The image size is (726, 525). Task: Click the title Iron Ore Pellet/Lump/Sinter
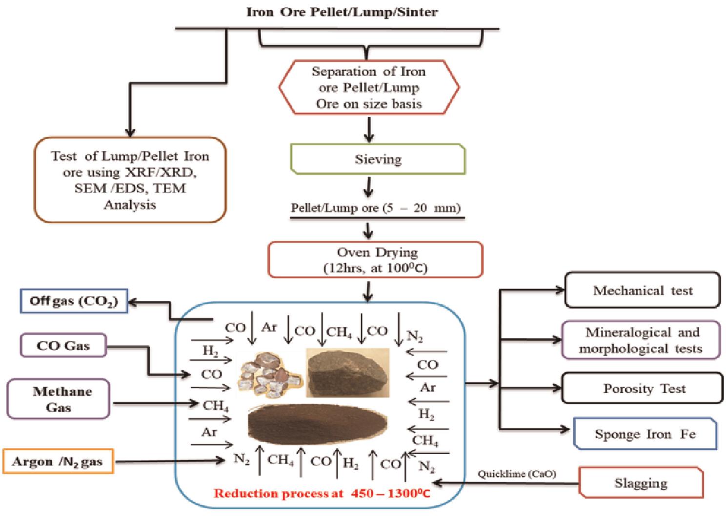coord(342,12)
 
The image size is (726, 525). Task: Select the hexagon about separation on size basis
coord(369,87)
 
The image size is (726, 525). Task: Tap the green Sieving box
coord(378,159)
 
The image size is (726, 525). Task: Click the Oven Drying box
coord(375,260)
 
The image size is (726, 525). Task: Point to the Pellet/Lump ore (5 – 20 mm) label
coord(376,208)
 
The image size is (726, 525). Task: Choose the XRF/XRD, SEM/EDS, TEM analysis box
coord(130,180)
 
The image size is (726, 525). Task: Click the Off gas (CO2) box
coord(74,301)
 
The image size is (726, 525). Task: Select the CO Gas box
coord(63,346)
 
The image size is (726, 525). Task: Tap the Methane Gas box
coord(59,399)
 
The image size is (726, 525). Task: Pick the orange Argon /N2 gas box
coord(58,462)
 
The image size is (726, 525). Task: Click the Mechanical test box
coord(642,291)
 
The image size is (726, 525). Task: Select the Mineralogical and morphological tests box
coord(641,340)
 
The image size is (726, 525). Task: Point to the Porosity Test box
coord(642,389)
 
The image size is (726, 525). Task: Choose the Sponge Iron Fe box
coord(645,434)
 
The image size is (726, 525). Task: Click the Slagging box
coord(641,483)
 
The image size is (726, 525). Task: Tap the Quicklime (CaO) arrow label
coord(517,474)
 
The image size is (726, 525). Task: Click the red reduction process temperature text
coord(322,493)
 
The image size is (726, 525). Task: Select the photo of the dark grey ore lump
coord(347,372)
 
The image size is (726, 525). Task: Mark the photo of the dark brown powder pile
coord(317,421)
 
